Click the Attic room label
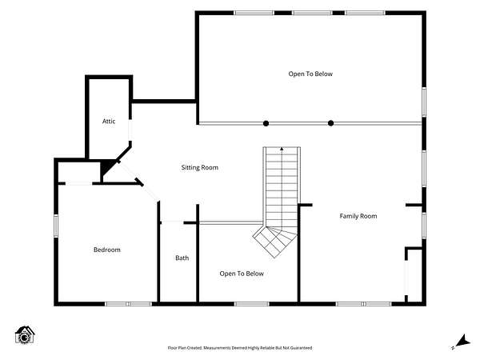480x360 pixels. coord(109,122)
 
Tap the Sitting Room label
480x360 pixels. coord(199,167)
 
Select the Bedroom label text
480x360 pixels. coord(107,250)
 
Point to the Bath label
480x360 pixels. coord(182,258)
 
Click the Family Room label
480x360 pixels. coord(358,216)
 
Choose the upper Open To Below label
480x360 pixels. coord(310,74)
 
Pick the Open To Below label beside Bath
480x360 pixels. coord(242,274)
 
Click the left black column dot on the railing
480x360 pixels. coord(266,123)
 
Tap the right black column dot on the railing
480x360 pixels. coord(330,123)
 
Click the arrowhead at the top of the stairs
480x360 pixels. coord(282,149)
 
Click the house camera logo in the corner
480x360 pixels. coord(25,335)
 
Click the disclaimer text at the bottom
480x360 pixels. coord(240,348)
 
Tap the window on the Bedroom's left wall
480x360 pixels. coord(56,226)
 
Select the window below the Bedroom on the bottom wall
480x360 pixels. coord(128,304)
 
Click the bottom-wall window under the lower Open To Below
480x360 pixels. coord(252,304)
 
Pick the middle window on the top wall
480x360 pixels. coord(312,13)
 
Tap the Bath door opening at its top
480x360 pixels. coord(172,222)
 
